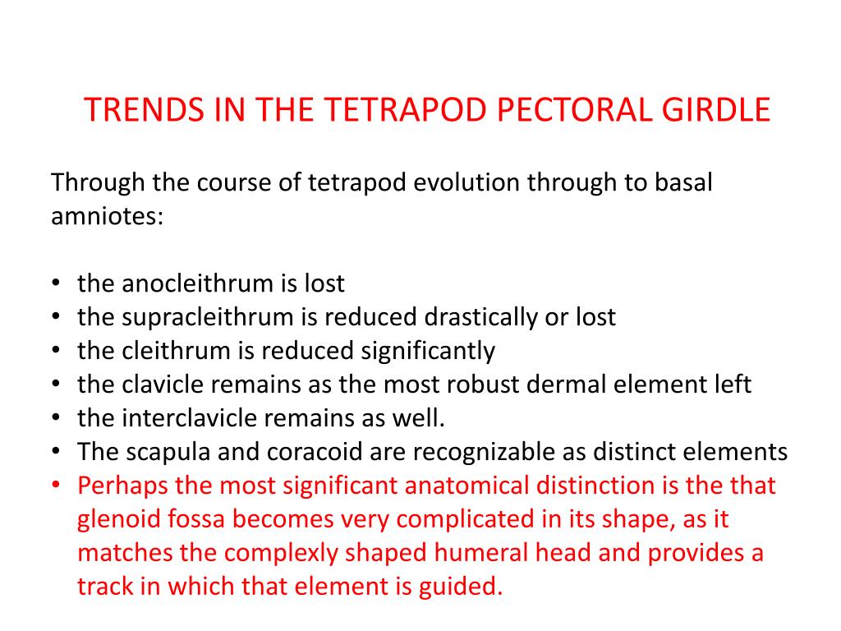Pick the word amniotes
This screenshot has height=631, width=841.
tap(108, 217)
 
